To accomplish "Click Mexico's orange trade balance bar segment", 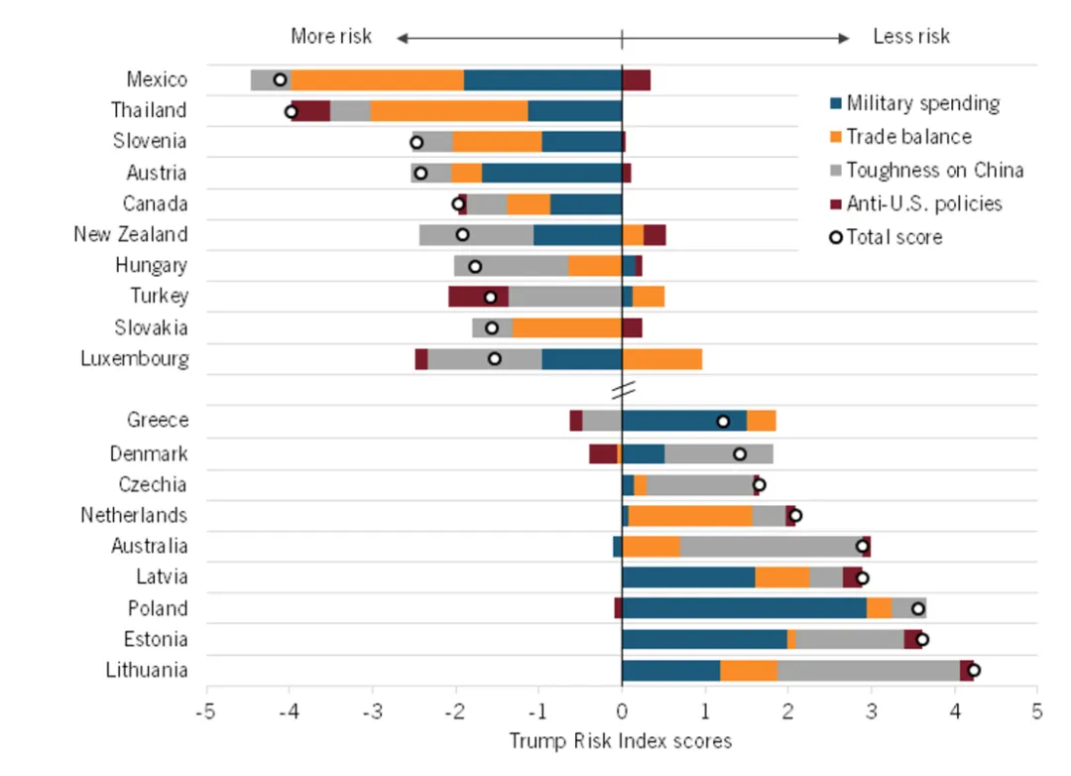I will pyautogui.click(x=377, y=80).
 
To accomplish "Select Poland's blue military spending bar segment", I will pyautogui.click(x=744, y=608).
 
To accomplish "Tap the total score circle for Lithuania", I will pyautogui.click(x=974, y=670).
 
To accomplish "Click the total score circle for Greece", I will pyautogui.click(x=723, y=421).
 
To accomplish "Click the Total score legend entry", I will pyautogui.click(x=893, y=237).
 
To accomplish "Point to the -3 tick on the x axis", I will pyautogui.click(x=373, y=711).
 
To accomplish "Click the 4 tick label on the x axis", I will pyautogui.click(x=954, y=711).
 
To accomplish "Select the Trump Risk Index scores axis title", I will pyautogui.click(x=621, y=741).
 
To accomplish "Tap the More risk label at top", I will pyautogui.click(x=331, y=37).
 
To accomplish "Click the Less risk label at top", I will pyautogui.click(x=910, y=37).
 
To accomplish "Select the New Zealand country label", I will pyautogui.click(x=130, y=234).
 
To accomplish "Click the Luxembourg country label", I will pyautogui.click(x=134, y=358).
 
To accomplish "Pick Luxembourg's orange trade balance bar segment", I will pyautogui.click(x=661, y=359).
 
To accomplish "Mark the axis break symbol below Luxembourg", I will pyautogui.click(x=622, y=390).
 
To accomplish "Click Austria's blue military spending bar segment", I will pyautogui.click(x=551, y=173).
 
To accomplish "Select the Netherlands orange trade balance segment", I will pyautogui.click(x=690, y=515).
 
